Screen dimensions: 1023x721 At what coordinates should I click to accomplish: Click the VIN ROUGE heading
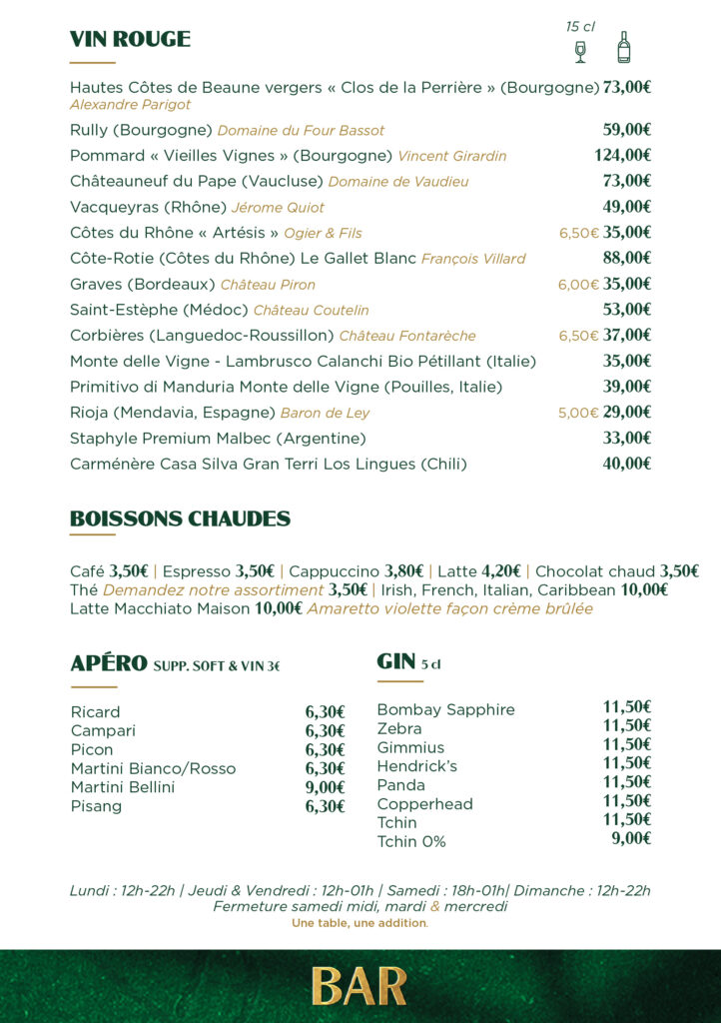point(130,39)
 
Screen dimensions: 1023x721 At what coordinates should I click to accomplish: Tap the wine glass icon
point(580,51)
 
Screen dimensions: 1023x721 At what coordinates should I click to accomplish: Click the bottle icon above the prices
point(624,47)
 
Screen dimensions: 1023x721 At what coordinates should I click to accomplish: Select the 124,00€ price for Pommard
point(622,155)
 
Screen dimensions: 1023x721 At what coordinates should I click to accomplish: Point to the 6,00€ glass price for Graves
point(578,285)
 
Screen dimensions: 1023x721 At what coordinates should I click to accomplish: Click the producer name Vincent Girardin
point(451,156)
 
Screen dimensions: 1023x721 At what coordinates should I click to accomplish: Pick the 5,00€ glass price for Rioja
point(578,413)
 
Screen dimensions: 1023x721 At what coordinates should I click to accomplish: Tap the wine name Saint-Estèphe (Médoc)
point(159,310)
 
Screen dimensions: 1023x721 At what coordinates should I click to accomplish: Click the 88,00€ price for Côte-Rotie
point(627,259)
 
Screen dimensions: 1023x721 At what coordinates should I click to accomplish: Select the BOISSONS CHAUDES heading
point(180,518)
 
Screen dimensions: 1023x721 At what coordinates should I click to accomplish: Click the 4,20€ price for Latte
point(502,571)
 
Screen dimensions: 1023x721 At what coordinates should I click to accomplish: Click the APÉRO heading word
point(108,664)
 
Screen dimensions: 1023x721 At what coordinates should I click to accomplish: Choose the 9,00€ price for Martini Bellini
point(325,787)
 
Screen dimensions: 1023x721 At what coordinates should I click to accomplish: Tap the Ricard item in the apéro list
point(95,712)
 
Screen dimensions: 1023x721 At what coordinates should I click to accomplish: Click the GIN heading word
point(395,661)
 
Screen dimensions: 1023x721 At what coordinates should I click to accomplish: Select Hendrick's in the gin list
point(416,766)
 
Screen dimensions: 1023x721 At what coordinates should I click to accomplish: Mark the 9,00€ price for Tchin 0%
point(631,839)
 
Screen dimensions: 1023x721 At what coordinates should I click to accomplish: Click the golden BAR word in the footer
point(360,986)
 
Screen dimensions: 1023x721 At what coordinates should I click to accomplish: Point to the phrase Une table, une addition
point(360,923)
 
